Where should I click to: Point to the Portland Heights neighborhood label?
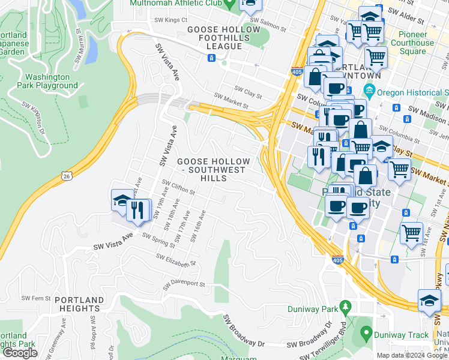pyautogui.click(x=79, y=304)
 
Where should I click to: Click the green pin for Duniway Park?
pyautogui.click(x=345, y=307)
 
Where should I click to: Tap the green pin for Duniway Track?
pyautogui.click(x=366, y=333)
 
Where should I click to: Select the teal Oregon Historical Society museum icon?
pyautogui.click(x=369, y=93)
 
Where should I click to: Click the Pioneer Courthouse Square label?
pyautogui.click(x=412, y=47)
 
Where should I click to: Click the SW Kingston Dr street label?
pyautogui.click(x=34, y=118)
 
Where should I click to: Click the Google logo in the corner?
pyautogui.click(x=20, y=353)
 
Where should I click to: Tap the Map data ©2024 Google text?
pyautogui.click(x=412, y=355)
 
